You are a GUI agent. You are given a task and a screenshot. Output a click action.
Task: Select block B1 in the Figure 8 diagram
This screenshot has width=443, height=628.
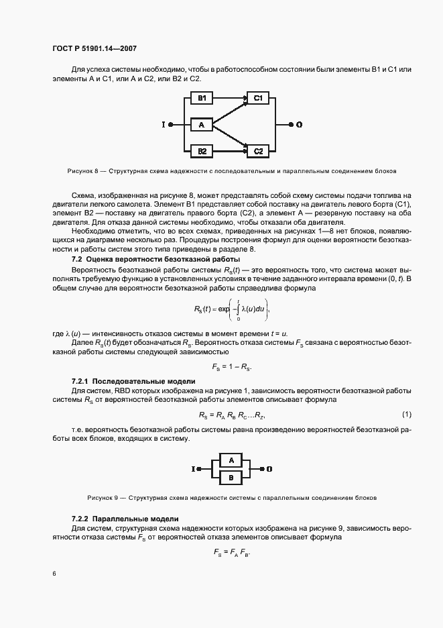coord(201,99)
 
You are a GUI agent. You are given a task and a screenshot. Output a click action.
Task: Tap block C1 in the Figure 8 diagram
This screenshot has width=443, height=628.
coord(258,99)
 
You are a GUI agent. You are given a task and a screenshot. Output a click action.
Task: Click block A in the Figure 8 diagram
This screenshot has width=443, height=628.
coord(201,125)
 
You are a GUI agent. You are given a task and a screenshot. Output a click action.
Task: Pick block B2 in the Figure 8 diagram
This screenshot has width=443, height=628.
coord(201,151)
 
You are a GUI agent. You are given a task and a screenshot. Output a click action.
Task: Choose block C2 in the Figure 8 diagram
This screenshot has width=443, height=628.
coord(258,151)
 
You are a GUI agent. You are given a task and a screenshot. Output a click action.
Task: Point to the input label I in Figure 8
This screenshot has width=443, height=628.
coord(163,125)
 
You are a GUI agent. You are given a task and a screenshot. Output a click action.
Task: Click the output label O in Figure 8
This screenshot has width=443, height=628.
coord(299,125)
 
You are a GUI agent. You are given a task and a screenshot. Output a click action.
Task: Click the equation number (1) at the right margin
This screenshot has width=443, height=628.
coord(406,414)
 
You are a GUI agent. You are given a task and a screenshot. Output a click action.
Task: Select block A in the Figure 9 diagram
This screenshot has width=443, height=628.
coord(231,461)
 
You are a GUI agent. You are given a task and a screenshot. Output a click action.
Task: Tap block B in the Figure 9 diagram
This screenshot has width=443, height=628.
coord(231,477)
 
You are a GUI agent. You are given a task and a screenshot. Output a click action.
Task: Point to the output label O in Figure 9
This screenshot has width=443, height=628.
coord(269,469)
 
